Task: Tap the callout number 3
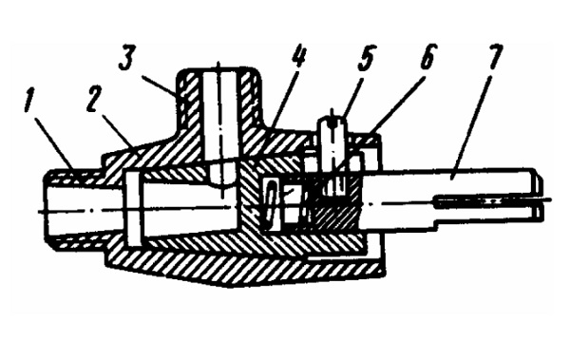click(127, 59)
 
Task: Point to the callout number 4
click(299, 56)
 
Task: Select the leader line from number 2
click(117, 132)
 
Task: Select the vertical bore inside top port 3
click(221, 117)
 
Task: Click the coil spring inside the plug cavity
click(270, 204)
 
